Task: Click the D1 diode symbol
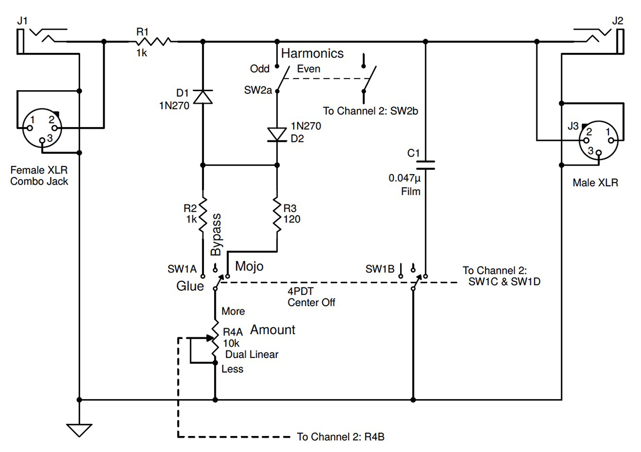(x=203, y=97)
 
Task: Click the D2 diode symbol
(x=277, y=134)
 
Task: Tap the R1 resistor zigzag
(x=153, y=42)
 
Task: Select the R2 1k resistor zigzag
(x=203, y=215)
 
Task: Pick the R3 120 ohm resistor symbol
(x=277, y=215)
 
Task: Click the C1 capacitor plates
(x=425, y=165)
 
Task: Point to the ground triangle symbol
(x=79, y=430)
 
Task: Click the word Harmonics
(x=312, y=53)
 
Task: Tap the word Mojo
(x=249, y=266)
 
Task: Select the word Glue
(x=190, y=286)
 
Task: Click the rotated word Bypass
(x=216, y=234)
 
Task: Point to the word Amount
(x=272, y=330)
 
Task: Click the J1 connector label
(x=22, y=21)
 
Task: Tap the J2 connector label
(x=617, y=21)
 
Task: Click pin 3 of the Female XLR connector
(x=42, y=140)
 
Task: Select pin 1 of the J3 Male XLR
(x=611, y=140)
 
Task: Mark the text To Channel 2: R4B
(x=341, y=437)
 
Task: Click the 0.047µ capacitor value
(x=405, y=178)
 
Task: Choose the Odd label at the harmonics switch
(x=260, y=69)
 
